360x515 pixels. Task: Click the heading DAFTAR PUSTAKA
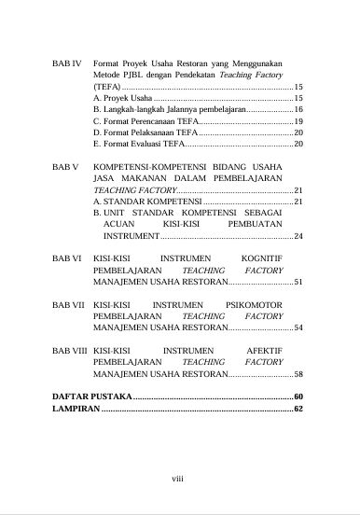(x=91, y=397)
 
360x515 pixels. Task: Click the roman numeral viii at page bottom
(x=178, y=478)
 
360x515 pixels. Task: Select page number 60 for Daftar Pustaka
(x=298, y=397)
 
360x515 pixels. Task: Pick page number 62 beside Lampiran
(x=298, y=410)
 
